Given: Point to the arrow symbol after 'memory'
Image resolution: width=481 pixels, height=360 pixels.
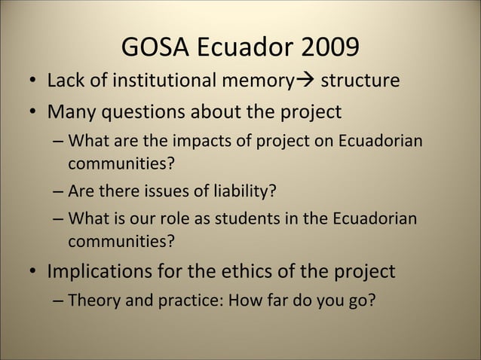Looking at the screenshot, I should click(x=305, y=81).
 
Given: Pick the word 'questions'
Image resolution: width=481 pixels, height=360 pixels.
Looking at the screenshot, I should click(x=149, y=111).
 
